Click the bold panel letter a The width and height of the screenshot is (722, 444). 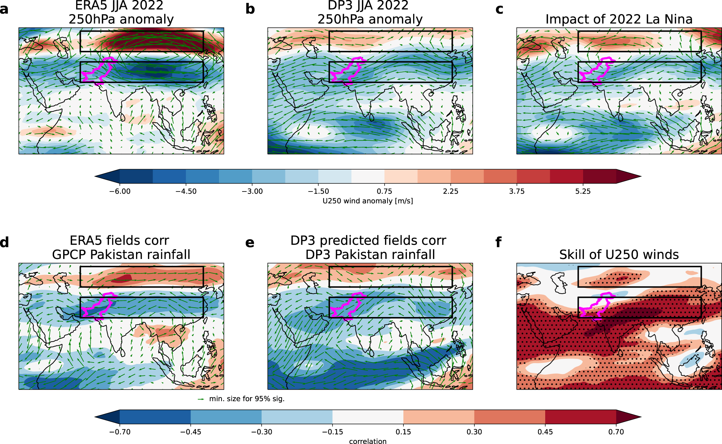(x=4, y=9)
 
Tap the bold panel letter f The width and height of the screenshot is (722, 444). (x=499, y=242)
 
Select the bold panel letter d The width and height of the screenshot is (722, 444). (x=4, y=242)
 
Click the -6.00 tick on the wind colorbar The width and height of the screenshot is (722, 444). (x=120, y=191)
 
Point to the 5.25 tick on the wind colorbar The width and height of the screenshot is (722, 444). (x=583, y=191)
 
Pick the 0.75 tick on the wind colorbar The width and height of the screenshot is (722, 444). (x=384, y=191)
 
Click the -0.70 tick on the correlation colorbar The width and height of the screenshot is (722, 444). (x=120, y=431)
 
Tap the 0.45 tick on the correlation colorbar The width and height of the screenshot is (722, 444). (x=545, y=431)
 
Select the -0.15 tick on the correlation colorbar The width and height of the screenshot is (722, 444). (x=332, y=431)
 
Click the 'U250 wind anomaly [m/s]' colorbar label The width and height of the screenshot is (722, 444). (x=368, y=201)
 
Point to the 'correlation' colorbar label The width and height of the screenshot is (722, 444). (x=368, y=441)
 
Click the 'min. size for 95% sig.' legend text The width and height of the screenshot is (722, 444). (x=247, y=399)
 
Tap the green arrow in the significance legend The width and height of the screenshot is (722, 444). (x=201, y=399)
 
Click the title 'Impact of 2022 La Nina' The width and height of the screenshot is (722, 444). (x=619, y=19)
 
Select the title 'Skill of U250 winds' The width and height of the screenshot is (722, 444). (x=619, y=255)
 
